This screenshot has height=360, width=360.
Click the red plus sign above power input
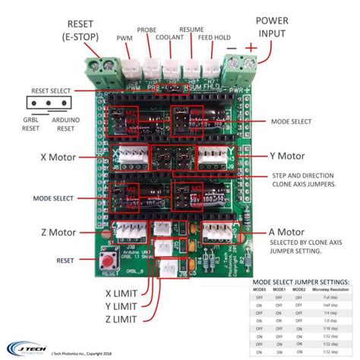[268, 47]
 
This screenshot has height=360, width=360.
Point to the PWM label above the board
[123, 36]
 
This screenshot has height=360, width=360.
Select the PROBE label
[147, 30]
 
